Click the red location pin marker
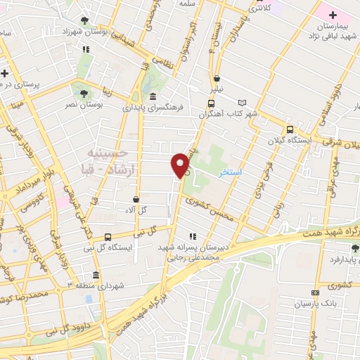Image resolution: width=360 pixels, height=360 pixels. [x=181, y=165]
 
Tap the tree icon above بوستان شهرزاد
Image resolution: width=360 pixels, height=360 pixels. [x=85, y=20]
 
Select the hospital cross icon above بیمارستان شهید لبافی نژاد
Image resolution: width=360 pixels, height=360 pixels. [x=333, y=15]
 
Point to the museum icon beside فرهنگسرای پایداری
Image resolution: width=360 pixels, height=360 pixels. [x=153, y=97]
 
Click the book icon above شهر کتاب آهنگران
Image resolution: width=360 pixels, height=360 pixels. [x=243, y=102]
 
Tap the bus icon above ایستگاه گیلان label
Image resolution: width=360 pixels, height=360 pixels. [x=290, y=129]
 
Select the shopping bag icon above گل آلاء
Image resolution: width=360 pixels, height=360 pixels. [x=135, y=199]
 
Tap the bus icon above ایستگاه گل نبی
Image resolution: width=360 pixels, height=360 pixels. [x=108, y=238]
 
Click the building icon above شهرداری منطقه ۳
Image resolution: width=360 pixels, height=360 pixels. [x=96, y=275]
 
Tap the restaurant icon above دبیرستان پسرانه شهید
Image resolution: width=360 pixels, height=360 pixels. [x=193, y=237]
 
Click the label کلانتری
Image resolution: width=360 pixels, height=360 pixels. [x=260, y=8]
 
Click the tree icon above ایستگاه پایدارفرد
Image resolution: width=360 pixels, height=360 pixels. [x=355, y=247]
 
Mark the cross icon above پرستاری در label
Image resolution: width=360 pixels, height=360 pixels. [x=5, y=72]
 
